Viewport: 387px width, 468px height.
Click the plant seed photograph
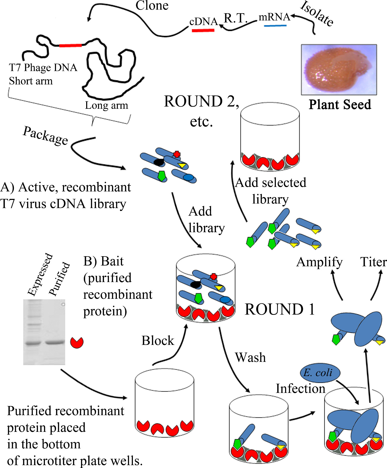click(x=339, y=69)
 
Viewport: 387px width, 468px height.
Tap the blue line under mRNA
click(x=275, y=26)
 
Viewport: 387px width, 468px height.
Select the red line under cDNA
click(x=203, y=30)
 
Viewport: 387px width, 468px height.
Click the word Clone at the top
click(x=152, y=6)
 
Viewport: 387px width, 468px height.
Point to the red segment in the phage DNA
click(x=70, y=46)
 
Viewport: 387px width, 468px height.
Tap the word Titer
click(x=373, y=262)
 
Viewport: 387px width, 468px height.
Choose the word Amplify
click(x=319, y=262)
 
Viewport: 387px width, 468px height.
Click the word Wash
click(x=250, y=358)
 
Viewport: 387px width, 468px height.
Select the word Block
click(x=158, y=341)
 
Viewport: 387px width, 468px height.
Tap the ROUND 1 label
click(x=280, y=309)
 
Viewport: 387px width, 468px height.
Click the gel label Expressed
click(x=40, y=275)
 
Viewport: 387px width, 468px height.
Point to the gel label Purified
click(x=60, y=279)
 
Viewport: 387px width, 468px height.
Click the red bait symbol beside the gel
click(x=77, y=342)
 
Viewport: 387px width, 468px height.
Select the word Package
click(x=45, y=136)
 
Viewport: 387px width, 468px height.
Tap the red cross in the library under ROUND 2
click(x=177, y=154)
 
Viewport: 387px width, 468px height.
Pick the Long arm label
click(x=107, y=105)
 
